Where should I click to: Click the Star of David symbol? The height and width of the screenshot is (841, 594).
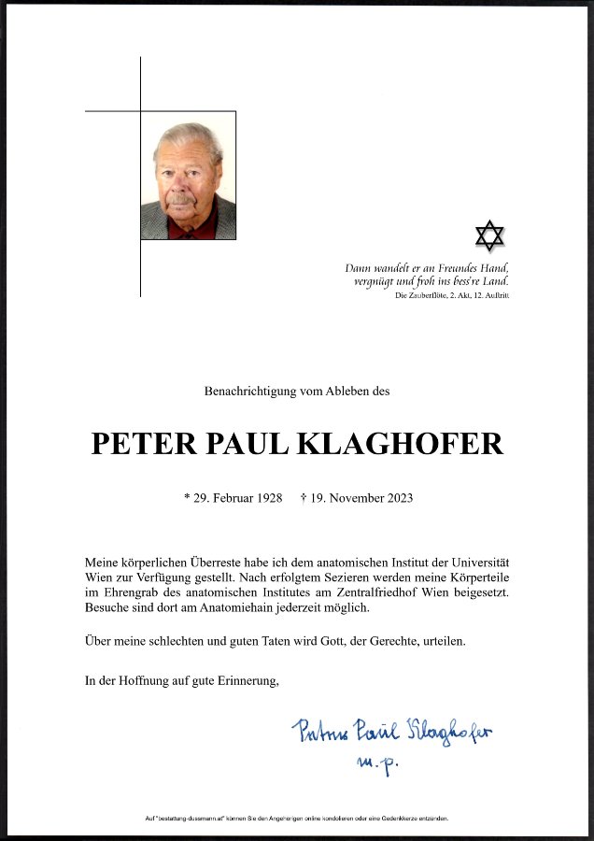489,235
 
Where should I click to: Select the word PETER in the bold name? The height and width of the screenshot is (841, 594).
134,444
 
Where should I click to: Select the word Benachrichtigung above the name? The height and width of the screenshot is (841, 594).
250,392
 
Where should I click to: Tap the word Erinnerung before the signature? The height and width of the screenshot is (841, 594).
245,680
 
